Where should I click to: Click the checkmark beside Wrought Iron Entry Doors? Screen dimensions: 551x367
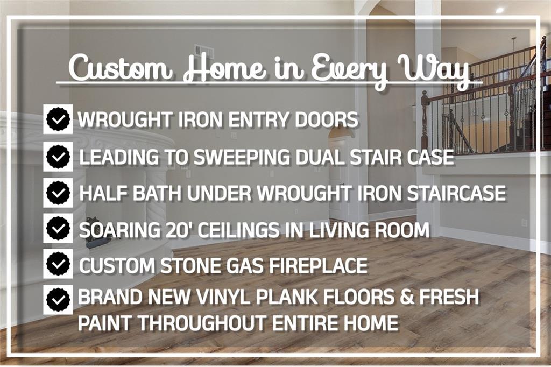(x=58, y=119)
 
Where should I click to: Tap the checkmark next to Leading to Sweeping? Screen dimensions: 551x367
(x=58, y=157)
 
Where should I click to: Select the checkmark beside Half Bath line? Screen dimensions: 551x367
(x=58, y=193)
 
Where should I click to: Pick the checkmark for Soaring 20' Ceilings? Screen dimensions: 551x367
(x=58, y=228)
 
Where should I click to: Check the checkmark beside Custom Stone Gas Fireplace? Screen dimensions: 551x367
(x=58, y=264)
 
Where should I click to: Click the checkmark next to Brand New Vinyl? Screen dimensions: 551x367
(x=58, y=300)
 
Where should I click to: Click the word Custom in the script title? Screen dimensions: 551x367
(x=120, y=67)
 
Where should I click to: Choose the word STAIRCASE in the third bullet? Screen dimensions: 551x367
(x=456, y=193)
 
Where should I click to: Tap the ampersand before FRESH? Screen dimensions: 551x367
(x=407, y=297)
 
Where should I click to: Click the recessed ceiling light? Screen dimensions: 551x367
(x=499, y=10)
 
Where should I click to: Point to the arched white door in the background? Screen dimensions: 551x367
(x=337, y=176)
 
